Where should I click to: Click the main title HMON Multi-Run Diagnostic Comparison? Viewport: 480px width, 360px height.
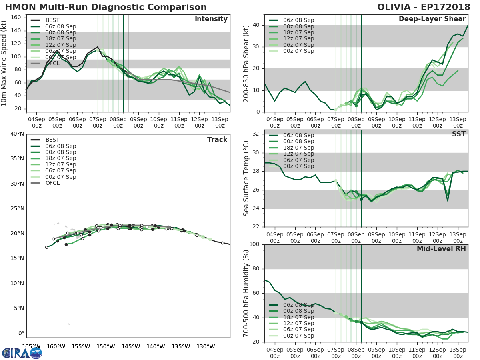click(106, 7)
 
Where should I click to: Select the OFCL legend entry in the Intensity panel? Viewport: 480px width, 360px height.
click(52, 63)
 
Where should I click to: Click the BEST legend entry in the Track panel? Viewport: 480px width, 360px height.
click(52, 140)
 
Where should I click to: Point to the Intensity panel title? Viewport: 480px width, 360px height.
click(211, 19)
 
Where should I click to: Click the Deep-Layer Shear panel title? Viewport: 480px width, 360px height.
click(432, 19)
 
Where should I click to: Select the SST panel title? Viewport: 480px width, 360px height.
click(459, 134)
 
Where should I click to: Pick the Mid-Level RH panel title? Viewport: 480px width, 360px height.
click(441, 249)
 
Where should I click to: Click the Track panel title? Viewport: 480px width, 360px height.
click(217, 140)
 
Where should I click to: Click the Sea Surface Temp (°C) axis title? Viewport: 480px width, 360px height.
click(246, 178)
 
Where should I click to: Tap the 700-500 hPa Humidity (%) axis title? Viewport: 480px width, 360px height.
click(246, 293)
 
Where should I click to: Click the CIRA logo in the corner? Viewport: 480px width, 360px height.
click(22, 353)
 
